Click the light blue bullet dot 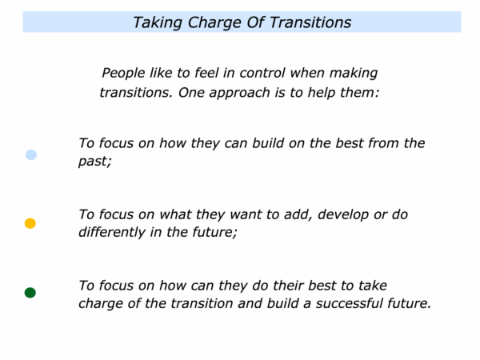click(x=31, y=154)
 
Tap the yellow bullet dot click(x=30, y=223)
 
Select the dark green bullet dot click(x=30, y=293)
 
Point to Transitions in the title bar click(x=310, y=22)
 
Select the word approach click(x=239, y=93)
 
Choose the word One click(x=191, y=93)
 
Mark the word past click(x=94, y=162)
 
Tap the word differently click(x=112, y=232)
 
